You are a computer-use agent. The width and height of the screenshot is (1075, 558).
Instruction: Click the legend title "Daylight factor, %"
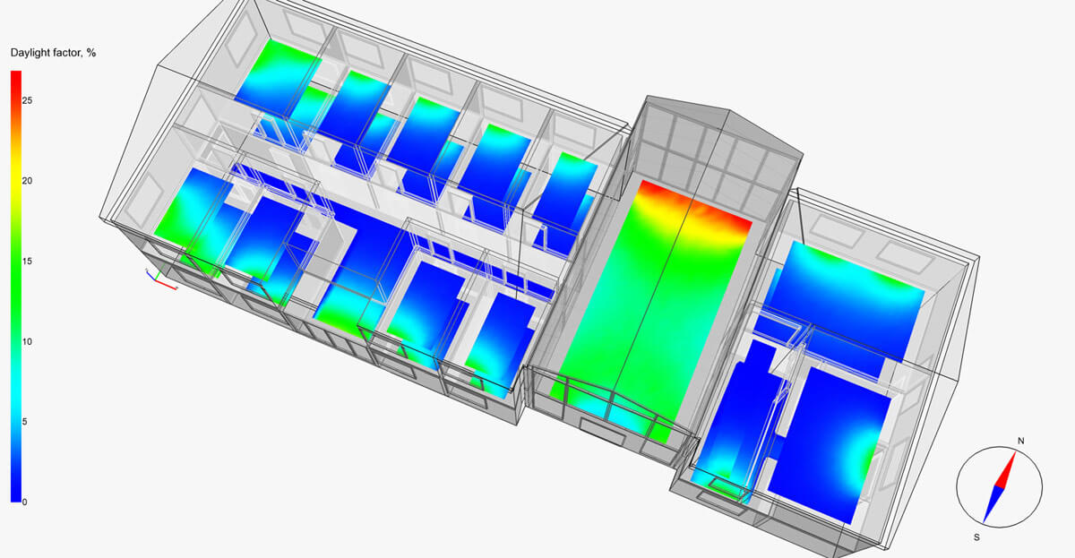[x=53, y=53]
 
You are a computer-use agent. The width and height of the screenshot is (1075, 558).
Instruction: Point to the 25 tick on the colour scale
[x=28, y=100]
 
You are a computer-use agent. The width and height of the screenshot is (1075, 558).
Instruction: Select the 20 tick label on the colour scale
[x=28, y=181]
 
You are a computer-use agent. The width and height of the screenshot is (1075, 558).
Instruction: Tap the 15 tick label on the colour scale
[x=28, y=262]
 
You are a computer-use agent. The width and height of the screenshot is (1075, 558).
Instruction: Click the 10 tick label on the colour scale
[x=28, y=341]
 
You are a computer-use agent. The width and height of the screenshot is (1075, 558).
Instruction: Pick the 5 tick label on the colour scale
[x=24, y=422]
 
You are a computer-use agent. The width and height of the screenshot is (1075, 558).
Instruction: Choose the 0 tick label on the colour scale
[x=24, y=502]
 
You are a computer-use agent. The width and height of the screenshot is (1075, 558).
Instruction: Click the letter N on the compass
[x=1021, y=441]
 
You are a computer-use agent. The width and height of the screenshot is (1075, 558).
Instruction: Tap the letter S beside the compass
[x=976, y=537]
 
